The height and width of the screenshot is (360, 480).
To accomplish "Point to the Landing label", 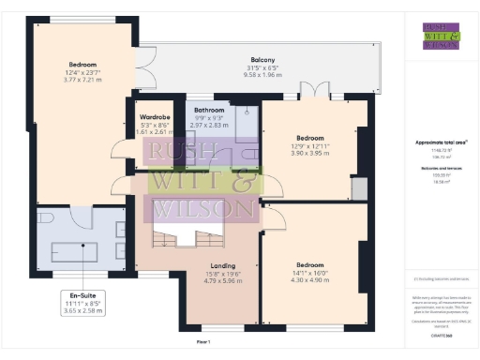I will pos(222,265).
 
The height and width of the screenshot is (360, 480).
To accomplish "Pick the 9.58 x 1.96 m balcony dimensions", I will pos(262,74).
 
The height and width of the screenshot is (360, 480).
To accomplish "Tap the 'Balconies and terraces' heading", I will pos(442,169).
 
